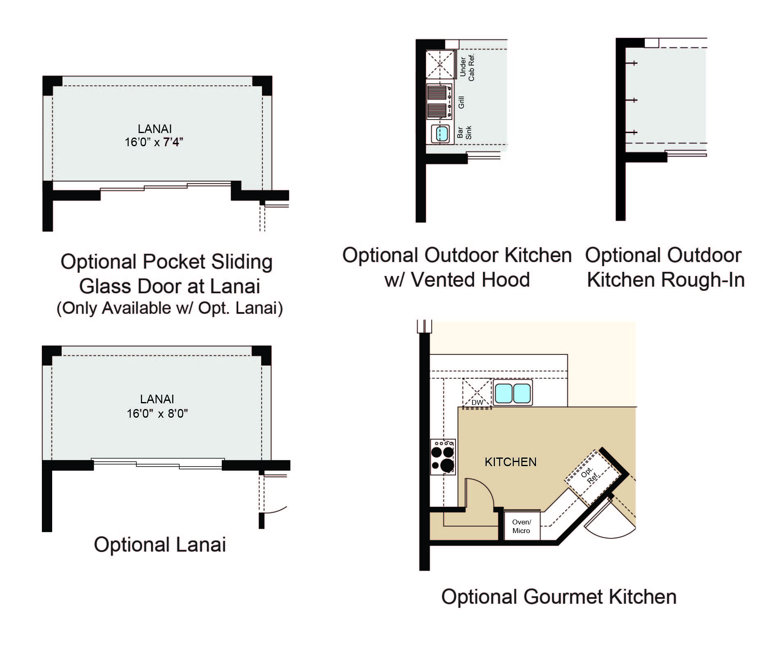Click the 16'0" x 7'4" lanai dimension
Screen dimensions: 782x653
click(154, 142)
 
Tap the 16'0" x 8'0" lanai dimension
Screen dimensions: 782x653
click(157, 413)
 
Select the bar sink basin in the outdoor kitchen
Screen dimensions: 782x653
click(442, 133)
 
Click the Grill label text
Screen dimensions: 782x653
click(461, 102)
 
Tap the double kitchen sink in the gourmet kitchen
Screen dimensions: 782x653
click(513, 393)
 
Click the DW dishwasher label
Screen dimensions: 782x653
click(477, 402)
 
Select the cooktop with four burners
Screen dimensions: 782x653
click(443, 457)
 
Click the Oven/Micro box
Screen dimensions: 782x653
click(522, 526)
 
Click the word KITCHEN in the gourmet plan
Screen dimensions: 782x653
click(511, 462)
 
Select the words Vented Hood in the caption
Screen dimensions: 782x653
click(470, 280)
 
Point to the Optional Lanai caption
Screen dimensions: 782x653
click(160, 545)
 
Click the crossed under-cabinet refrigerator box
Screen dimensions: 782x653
click(440, 64)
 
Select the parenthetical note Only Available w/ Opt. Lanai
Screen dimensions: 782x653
click(170, 308)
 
